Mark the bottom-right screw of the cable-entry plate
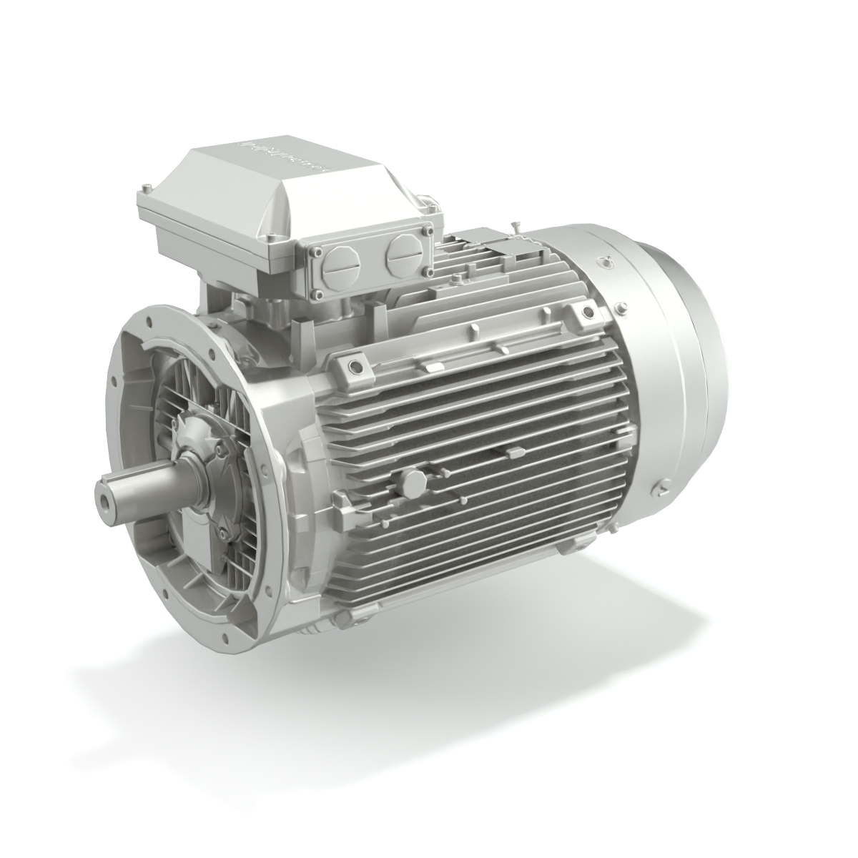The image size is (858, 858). [430, 273]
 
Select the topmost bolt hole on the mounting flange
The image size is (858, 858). [152, 313]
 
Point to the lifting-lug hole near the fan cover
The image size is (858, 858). [588, 312]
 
